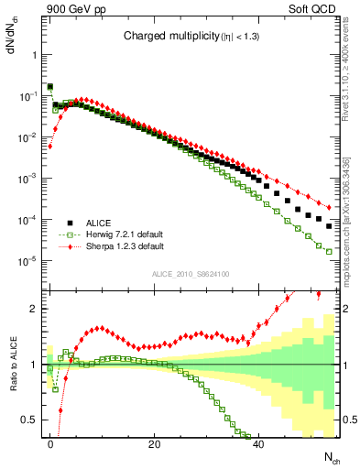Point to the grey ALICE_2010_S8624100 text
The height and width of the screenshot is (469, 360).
click(190, 272)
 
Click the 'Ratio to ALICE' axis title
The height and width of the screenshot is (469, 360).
click(12, 365)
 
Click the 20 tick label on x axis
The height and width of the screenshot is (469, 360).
click(155, 443)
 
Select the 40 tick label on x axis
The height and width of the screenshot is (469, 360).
click(258, 443)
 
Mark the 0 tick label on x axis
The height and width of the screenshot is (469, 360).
click(50, 443)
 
